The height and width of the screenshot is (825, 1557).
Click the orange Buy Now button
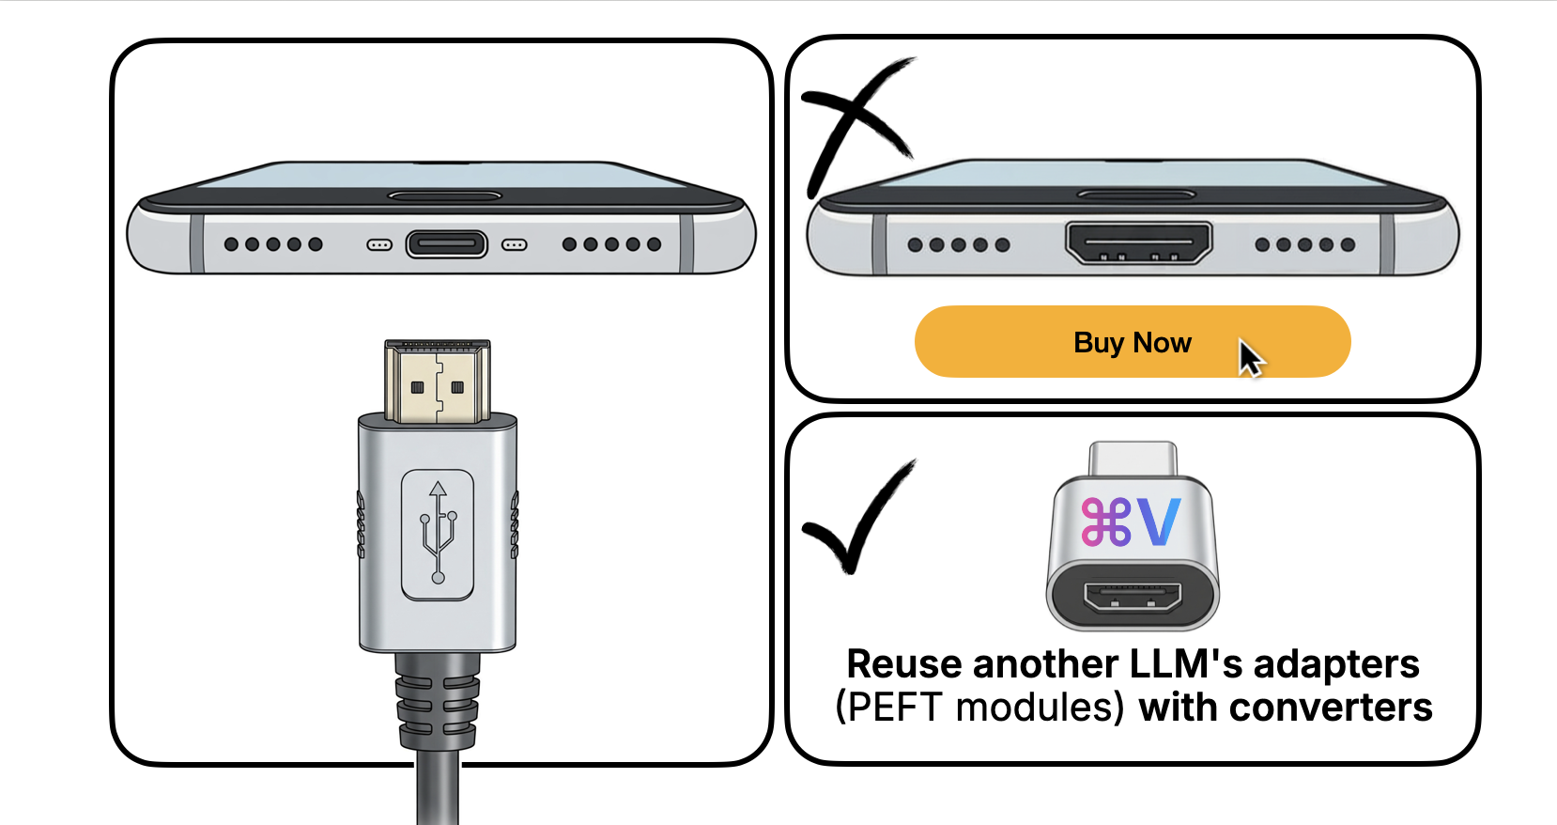pyautogui.click(x=1133, y=341)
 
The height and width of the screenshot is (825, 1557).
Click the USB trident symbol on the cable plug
pyautogui.click(x=438, y=532)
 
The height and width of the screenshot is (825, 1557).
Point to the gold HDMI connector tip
pyautogui.click(x=438, y=381)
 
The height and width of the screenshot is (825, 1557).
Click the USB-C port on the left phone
pyautogui.click(x=446, y=244)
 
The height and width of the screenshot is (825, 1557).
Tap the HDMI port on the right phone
pyautogui.click(x=1138, y=242)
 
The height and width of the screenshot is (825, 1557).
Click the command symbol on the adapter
pyautogui.click(x=1106, y=521)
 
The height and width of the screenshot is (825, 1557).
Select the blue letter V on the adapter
pyautogui.click(x=1159, y=521)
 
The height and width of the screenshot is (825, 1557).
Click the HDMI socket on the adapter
pyautogui.click(x=1133, y=598)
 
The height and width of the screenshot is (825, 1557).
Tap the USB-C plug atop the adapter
pyautogui.click(x=1133, y=459)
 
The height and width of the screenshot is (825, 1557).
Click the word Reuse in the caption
pyautogui.click(x=904, y=663)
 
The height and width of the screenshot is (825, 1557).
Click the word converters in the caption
pyautogui.click(x=1331, y=708)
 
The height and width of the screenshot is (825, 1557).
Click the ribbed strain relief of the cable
pyautogui.click(x=438, y=701)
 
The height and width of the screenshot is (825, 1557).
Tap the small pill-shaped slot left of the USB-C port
pyautogui.click(x=379, y=245)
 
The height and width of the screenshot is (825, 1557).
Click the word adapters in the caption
pyautogui.click(x=1336, y=665)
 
